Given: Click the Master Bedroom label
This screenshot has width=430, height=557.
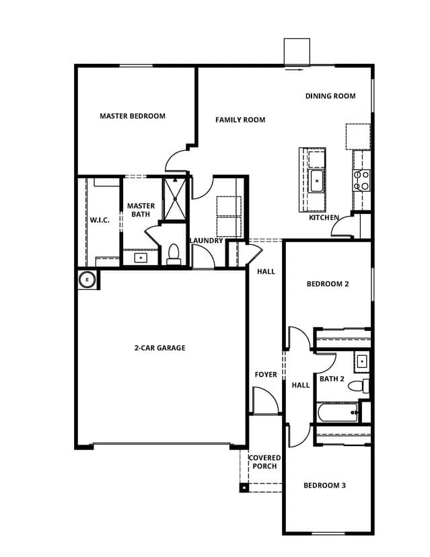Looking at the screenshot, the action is pos(132,116).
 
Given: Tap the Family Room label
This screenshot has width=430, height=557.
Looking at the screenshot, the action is pos(240,120).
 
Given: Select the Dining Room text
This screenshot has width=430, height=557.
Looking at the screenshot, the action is pos(330,96).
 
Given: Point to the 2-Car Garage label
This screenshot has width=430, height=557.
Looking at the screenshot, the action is pos(160,348).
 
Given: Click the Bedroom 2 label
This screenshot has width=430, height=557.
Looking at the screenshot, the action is pos(328,284).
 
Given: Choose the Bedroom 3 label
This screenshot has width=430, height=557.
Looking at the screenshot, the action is pos(324,485).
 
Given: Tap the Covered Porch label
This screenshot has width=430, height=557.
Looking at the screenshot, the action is pos(264,461).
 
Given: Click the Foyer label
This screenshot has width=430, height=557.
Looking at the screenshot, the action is pos(266,375).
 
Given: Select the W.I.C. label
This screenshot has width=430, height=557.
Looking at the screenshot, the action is pos(100,220).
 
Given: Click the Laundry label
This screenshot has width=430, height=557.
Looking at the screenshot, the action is pos(207,240).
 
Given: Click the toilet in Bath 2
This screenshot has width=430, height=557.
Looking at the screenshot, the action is pos(359,385).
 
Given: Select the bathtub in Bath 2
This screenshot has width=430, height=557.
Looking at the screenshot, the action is pos(338,412).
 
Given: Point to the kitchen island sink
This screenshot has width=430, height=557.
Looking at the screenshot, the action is pos(316,181).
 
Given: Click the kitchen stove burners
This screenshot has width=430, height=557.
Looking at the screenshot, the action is pos(361,181).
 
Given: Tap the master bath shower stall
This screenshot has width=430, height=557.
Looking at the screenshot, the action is pos(174,199).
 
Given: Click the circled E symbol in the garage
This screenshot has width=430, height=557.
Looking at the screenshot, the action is pos(87,280).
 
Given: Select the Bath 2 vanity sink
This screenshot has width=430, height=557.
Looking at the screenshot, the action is pos(362,362).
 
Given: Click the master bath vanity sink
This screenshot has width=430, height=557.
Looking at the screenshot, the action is pos(141,257).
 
